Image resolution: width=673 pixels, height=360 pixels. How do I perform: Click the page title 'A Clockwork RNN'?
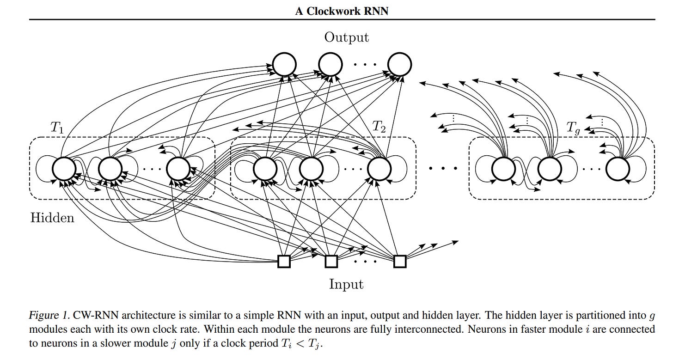(342, 11)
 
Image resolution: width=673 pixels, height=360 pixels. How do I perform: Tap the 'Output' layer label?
(346, 37)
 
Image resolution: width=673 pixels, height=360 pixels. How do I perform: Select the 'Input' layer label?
(346, 284)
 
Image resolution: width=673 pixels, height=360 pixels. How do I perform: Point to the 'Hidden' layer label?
(52, 218)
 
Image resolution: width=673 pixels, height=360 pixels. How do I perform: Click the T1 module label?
(57, 127)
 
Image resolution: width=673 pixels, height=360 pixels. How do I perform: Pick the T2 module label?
(379, 127)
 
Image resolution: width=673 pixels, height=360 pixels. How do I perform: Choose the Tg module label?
(573, 128)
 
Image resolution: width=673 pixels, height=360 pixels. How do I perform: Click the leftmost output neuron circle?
(284, 64)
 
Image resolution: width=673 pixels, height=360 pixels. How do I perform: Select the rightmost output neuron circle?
(399, 64)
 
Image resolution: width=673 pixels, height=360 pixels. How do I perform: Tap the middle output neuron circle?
(330, 64)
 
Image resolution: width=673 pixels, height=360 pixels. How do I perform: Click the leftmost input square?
(284, 262)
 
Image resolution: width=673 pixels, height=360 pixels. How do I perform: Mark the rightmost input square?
(400, 262)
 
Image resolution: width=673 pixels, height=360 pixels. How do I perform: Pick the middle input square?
(331, 262)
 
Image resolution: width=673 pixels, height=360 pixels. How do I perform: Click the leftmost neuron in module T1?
(64, 169)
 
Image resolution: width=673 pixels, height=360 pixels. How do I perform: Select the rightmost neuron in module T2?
(379, 169)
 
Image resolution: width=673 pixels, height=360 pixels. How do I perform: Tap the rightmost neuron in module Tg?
(618, 169)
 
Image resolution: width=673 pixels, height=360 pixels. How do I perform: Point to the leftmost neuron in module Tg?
(503, 169)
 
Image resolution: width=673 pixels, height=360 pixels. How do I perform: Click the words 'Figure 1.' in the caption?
(49, 315)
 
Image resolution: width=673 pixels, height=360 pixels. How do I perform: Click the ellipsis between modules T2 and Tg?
(443, 168)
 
